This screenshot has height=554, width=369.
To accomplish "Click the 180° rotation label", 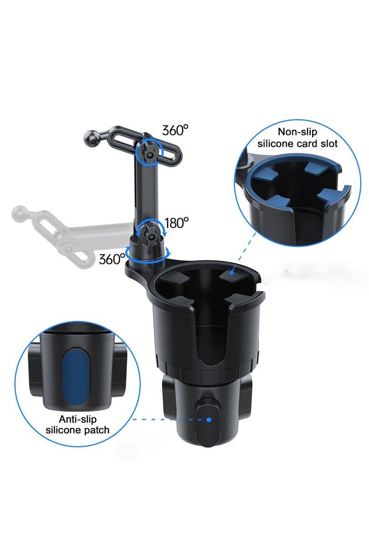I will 177,223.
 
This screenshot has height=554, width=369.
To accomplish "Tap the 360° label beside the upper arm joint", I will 175,130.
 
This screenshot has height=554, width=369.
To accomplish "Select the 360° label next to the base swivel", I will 112,259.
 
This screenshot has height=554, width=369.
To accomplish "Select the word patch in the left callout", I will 96,430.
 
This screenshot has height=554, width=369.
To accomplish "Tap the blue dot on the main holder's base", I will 209,420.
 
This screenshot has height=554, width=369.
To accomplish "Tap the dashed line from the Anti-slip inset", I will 166,420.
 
